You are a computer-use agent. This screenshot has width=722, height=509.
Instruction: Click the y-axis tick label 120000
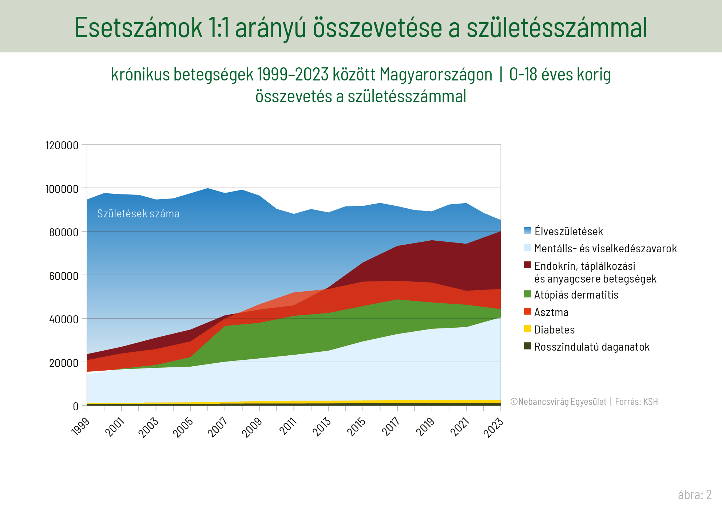62,145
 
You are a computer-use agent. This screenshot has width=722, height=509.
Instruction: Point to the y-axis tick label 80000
64,232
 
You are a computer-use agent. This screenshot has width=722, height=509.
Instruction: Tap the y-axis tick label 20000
64,363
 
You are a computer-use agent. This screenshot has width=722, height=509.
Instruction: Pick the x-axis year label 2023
493,427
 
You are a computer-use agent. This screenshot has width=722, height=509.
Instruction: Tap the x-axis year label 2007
218,427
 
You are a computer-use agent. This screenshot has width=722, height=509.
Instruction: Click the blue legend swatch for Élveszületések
527,230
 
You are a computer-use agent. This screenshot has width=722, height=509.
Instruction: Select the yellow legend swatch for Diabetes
527,329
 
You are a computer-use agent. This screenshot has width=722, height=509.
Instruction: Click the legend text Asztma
551,312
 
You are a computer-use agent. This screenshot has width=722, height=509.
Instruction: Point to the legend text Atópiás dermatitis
576,295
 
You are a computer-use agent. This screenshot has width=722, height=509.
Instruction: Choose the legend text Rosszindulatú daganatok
592,347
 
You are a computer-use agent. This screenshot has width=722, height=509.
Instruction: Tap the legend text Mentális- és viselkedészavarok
605,249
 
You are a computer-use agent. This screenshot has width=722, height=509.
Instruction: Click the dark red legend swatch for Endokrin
527,265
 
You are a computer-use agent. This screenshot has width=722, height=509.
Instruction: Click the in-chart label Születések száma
138,214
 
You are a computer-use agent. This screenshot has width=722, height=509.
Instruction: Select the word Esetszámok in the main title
138,28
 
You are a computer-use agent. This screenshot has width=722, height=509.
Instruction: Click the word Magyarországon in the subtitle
436,75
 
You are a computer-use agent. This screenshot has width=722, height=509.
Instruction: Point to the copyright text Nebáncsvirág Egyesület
562,402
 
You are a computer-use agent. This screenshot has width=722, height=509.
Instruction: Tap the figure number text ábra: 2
694,495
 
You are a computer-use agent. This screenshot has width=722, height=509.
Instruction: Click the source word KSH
650,402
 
